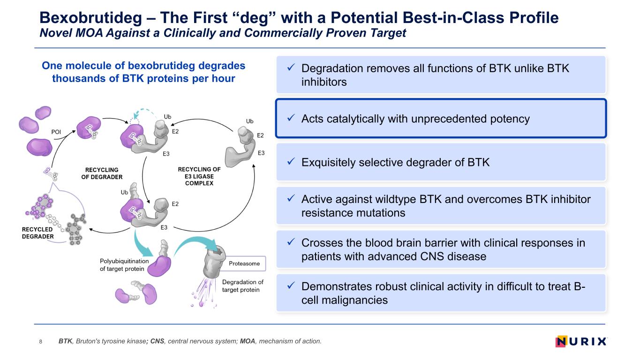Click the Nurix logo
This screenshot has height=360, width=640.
581,341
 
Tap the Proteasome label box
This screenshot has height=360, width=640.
245,263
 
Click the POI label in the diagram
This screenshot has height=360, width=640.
56,132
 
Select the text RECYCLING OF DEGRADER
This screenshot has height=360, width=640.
102,173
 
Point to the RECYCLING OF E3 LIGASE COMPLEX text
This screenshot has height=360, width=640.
199,176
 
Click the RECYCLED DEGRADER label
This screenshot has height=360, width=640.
38,233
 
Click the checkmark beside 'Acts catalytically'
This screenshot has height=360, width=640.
291,118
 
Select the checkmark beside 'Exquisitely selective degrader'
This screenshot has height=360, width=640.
291,161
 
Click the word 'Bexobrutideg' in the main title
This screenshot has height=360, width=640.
90,18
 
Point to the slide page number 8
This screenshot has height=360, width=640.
41,341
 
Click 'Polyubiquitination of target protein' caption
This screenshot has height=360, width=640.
124,265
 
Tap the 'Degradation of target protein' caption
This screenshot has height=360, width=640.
242,286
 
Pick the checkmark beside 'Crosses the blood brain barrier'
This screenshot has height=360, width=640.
291,242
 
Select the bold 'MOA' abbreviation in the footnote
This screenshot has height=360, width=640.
248,341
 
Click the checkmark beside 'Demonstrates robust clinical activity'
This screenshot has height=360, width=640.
291,285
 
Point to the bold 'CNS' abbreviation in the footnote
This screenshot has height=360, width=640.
157,341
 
